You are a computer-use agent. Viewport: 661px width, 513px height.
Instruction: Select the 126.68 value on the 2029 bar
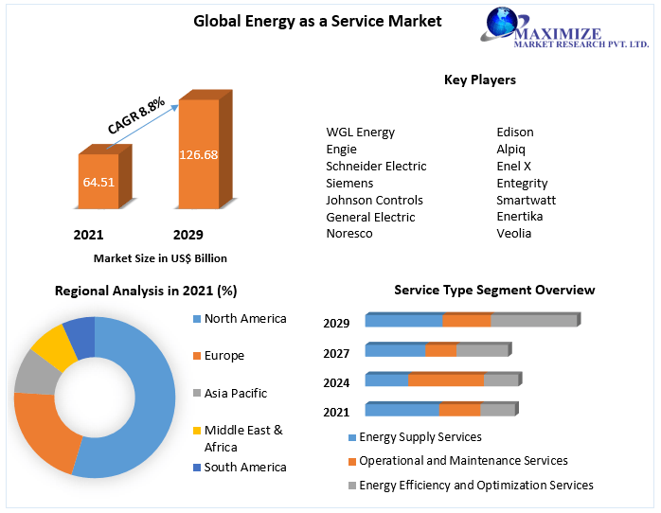[199, 154]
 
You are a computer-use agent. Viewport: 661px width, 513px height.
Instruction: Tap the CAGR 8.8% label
[135, 115]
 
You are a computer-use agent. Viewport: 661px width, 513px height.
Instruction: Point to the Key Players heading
[480, 80]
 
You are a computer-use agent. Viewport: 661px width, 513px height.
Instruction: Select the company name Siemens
[349, 183]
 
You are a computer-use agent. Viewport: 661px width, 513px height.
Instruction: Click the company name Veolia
[514, 234]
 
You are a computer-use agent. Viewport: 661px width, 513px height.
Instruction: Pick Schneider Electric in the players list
[376, 166]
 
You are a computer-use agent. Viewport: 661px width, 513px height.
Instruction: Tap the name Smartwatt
[526, 200]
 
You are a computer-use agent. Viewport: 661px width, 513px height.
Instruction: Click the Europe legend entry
[223, 356]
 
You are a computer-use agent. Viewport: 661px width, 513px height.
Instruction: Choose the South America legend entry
[244, 467]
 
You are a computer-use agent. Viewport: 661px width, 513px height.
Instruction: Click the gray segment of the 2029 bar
[533, 321]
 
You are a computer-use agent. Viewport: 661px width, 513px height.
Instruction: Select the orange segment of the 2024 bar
[446, 380]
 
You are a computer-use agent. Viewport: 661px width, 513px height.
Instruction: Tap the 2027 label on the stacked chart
[336, 353]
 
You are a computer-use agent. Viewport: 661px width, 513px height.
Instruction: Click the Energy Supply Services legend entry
[420, 437]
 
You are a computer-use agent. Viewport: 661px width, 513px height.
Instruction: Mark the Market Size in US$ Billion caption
[160, 257]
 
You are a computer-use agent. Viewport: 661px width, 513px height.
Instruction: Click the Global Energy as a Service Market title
[317, 21]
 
